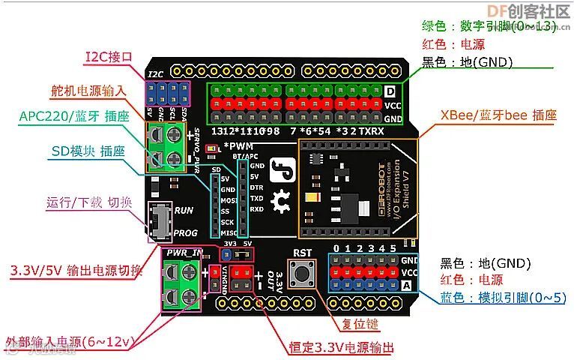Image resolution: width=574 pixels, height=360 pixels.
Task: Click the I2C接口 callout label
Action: click(x=109, y=57)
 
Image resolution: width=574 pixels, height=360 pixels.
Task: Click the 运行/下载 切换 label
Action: click(x=90, y=202)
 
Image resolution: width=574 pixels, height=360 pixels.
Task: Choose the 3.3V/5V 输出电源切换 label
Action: click(x=76, y=270)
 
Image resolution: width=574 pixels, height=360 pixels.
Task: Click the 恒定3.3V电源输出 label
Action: click(x=341, y=347)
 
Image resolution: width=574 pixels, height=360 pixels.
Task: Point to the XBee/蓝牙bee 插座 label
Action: click(x=498, y=115)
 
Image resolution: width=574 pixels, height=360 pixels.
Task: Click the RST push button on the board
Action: click(x=303, y=276)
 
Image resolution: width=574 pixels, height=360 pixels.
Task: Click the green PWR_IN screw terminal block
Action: click(x=180, y=287)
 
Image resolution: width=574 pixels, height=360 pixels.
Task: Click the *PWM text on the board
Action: click(x=239, y=145)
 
